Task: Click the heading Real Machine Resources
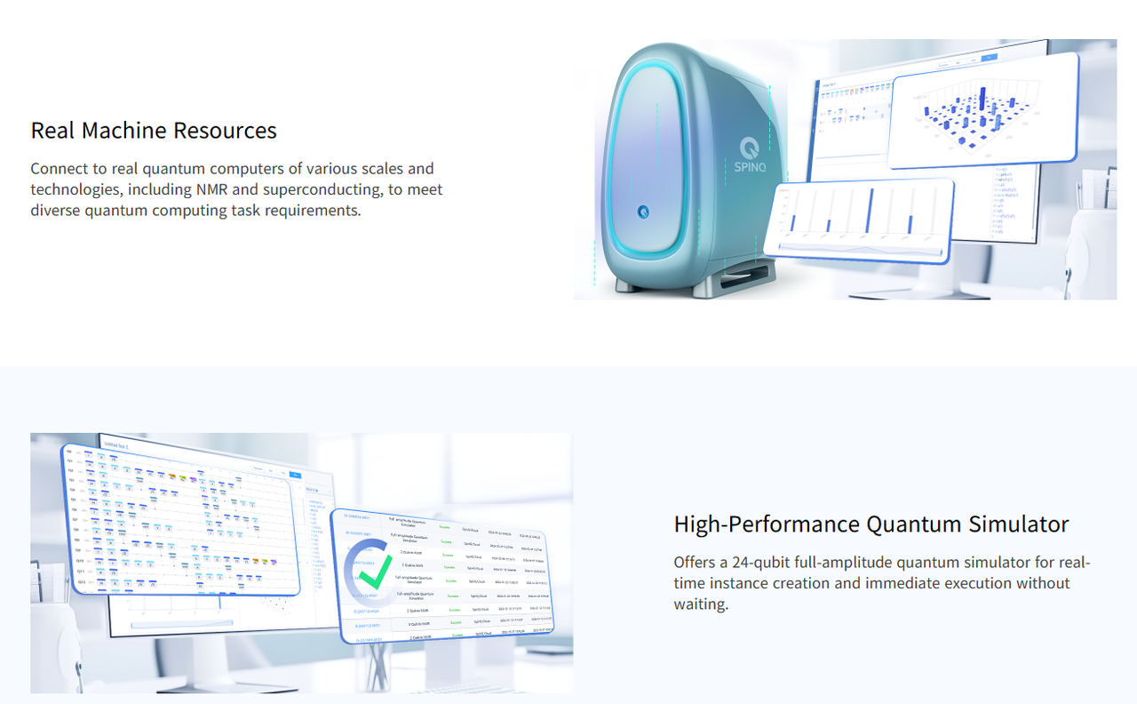point(154,131)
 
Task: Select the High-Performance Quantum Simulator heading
point(871,524)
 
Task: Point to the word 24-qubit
point(763,562)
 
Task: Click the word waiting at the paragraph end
point(701,604)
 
